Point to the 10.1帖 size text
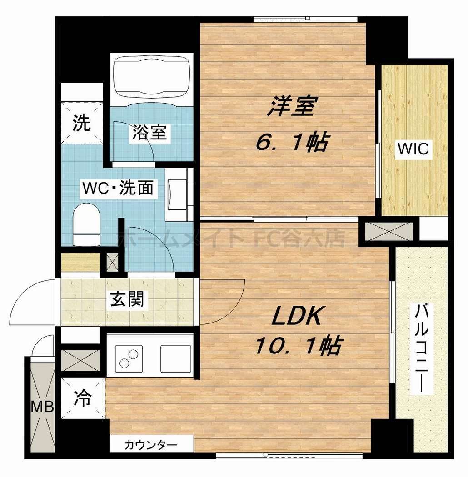(x=298, y=346)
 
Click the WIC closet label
(x=413, y=149)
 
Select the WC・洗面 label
(x=117, y=187)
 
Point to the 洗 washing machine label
(x=82, y=123)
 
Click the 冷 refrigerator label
(x=82, y=398)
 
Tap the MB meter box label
(x=42, y=406)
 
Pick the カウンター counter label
(x=151, y=444)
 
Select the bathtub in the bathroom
(x=151, y=77)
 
